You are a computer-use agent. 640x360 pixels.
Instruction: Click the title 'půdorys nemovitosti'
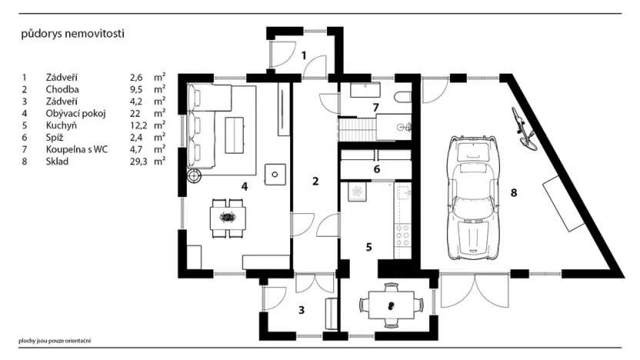click(72, 34)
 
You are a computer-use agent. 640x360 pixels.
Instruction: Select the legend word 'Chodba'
click(61, 89)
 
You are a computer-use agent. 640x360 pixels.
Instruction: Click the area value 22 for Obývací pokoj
click(135, 113)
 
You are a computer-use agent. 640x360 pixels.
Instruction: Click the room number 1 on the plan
click(304, 55)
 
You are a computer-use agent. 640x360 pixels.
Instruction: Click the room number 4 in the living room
click(244, 185)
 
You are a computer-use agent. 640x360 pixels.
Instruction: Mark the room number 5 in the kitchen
click(369, 247)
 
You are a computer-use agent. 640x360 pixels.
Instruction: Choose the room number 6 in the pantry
click(377, 168)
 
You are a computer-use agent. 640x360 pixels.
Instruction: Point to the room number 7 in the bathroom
click(376, 107)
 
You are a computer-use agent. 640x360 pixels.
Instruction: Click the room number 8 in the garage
click(514, 191)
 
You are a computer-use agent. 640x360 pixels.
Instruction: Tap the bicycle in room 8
click(523, 128)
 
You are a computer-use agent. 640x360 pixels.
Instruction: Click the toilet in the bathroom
click(402, 98)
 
